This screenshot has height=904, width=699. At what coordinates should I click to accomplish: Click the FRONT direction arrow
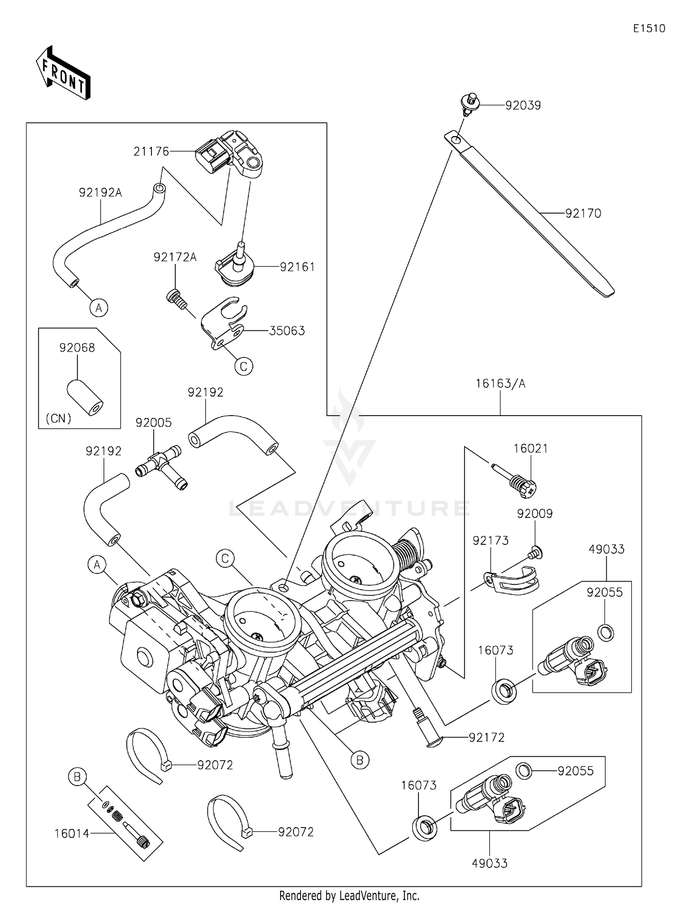pyautogui.click(x=63, y=73)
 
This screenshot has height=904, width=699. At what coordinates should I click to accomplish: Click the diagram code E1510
pyautogui.click(x=649, y=28)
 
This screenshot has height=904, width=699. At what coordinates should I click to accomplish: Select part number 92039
pyautogui.click(x=523, y=105)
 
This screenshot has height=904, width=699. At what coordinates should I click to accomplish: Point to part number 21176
pyautogui.click(x=151, y=152)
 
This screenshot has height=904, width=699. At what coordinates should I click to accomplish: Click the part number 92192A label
pyautogui.click(x=100, y=192)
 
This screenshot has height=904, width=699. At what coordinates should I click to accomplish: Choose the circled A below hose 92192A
pyautogui.click(x=99, y=308)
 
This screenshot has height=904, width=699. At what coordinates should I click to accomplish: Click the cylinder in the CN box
pyautogui.click(x=85, y=397)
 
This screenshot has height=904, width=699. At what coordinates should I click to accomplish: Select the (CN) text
pyautogui.click(x=59, y=418)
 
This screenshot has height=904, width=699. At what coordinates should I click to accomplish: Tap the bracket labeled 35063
pyautogui.click(x=224, y=322)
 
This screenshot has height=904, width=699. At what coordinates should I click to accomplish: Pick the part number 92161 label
pyautogui.click(x=297, y=267)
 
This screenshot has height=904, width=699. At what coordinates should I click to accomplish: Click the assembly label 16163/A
pyautogui.click(x=500, y=383)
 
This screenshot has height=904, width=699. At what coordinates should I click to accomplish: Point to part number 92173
pyautogui.click(x=490, y=541)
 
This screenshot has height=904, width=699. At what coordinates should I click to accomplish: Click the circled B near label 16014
pyautogui.click(x=77, y=777)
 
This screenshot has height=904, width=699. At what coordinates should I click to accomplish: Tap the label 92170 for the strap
pyautogui.click(x=583, y=214)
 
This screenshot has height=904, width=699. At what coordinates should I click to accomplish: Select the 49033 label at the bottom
pyautogui.click(x=489, y=863)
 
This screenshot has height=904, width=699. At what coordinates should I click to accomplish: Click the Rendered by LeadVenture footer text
pyautogui.click(x=349, y=895)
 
